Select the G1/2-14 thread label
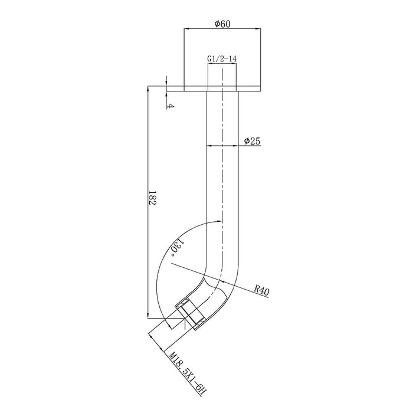[222, 59]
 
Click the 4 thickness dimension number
[171, 106]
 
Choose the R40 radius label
[262, 290]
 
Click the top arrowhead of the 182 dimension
[147, 89]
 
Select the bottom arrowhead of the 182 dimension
[147, 316]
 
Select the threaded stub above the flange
[222, 76]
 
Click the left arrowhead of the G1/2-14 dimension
[210, 63]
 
